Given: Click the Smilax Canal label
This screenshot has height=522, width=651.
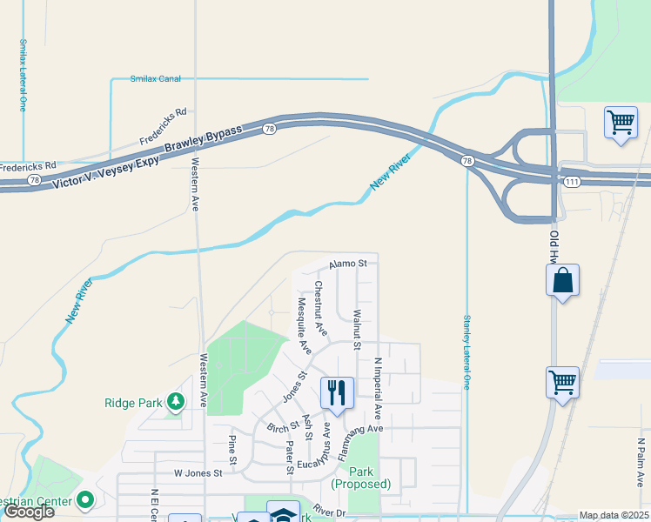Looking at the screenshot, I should [x=155, y=79].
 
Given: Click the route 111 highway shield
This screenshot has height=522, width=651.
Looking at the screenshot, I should [x=572, y=181].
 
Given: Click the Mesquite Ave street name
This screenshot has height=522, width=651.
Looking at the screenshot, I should [x=304, y=326].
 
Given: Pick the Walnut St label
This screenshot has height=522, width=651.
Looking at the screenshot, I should [x=357, y=329].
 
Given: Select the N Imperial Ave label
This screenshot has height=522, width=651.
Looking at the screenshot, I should [x=378, y=387].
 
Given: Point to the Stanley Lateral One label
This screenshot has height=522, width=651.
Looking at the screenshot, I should [x=467, y=351].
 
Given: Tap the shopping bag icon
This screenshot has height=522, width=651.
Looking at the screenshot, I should [x=563, y=280].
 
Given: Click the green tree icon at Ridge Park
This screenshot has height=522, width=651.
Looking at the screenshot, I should [x=177, y=400].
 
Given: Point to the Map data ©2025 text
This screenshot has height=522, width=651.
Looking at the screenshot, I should [x=614, y=515].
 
